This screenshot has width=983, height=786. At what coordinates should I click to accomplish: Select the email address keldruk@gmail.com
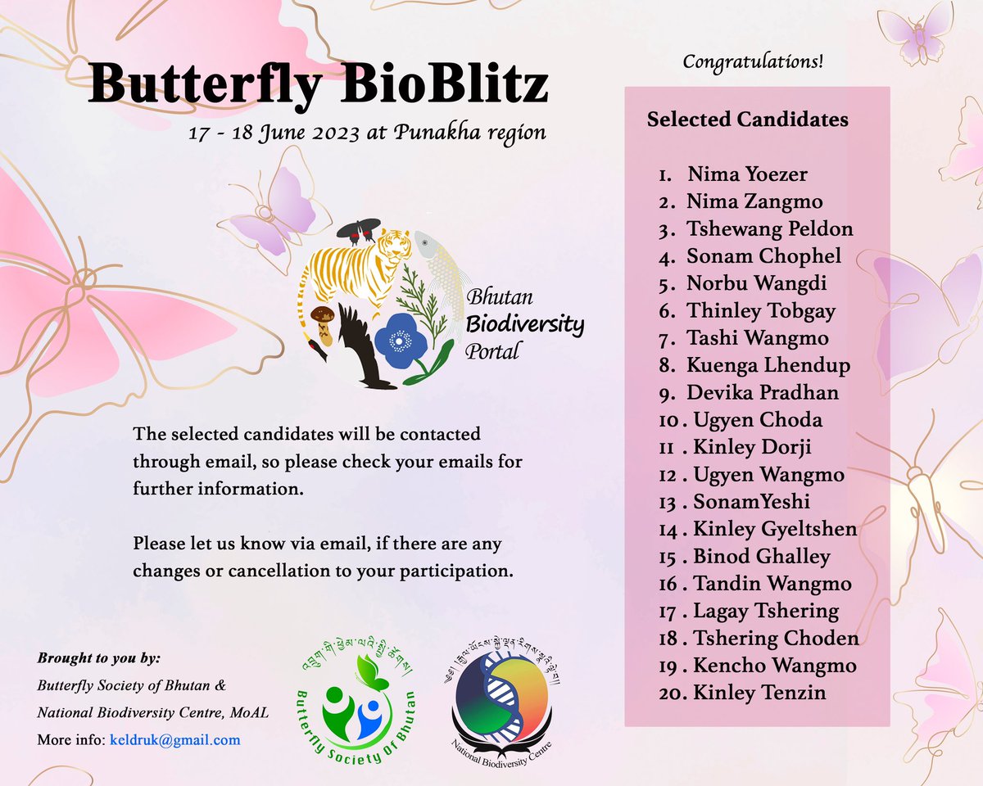(x=174, y=740)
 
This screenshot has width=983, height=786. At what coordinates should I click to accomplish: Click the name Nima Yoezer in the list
(x=747, y=174)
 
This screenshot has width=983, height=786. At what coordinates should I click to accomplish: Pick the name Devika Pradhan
(x=763, y=393)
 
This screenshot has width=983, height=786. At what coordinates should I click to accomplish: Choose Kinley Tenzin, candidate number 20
(x=759, y=693)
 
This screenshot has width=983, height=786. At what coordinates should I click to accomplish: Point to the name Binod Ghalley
(x=761, y=557)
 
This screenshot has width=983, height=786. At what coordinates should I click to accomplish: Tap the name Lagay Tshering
(x=766, y=612)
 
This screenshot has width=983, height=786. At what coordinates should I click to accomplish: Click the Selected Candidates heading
(x=747, y=120)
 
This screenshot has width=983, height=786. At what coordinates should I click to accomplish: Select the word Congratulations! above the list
(x=753, y=61)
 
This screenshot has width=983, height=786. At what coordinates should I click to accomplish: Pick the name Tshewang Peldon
(x=770, y=229)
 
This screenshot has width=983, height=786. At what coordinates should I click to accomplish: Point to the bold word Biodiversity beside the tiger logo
(x=524, y=325)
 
